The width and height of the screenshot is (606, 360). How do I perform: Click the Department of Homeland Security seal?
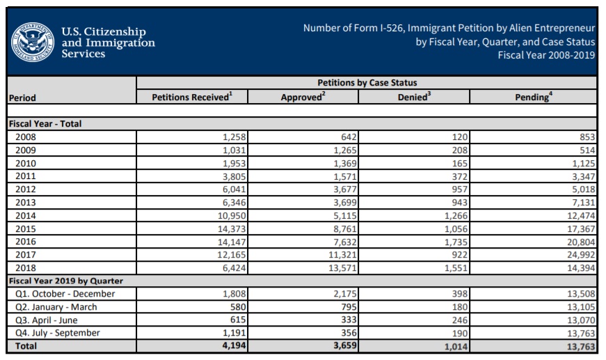[32, 42]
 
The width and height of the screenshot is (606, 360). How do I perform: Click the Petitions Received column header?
[191, 97]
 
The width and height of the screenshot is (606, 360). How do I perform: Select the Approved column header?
[302, 97]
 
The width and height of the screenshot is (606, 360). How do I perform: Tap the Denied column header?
[413, 97]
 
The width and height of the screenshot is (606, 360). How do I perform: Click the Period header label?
[22, 98]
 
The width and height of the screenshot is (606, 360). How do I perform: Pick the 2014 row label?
[25, 215]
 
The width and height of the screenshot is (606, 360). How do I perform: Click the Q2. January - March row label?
[56, 307]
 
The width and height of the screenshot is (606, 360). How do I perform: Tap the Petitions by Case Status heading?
[367, 83]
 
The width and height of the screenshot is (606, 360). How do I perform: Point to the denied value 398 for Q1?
[459, 294]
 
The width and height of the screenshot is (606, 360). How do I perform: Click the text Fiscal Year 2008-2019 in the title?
[546, 55]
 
